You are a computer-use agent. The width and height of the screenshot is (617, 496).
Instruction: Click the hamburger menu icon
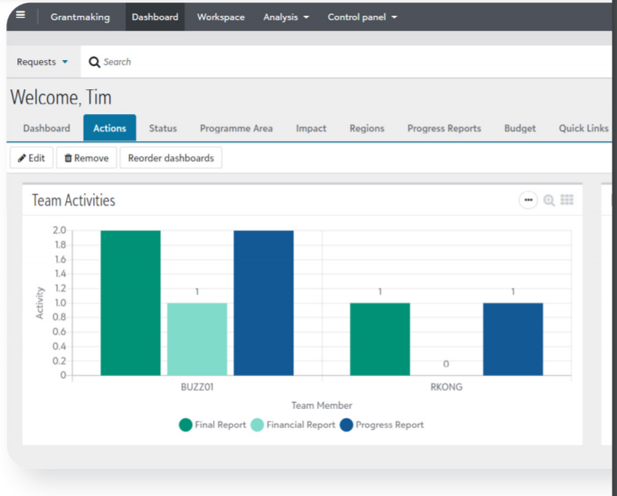(20, 16)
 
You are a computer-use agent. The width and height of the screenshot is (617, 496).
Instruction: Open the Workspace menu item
(221, 17)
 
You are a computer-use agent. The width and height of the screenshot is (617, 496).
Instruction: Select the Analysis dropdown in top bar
(286, 17)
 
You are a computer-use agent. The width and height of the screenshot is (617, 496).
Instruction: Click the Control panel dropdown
(363, 17)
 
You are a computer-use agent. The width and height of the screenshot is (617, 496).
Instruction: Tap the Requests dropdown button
(42, 62)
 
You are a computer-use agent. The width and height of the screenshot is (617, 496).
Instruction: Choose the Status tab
(163, 128)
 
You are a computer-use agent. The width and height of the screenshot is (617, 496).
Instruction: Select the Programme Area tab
(236, 128)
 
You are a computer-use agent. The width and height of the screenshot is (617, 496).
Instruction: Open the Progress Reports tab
(444, 128)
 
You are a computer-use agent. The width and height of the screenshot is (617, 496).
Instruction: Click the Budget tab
(519, 128)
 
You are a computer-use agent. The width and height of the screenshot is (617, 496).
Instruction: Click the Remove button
(86, 158)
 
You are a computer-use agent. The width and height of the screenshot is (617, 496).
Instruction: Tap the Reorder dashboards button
(170, 158)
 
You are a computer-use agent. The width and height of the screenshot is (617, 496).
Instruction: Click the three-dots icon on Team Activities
(528, 200)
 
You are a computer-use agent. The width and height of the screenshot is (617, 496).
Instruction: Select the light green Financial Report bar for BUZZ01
(197, 339)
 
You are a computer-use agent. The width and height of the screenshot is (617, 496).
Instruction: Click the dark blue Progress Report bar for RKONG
(513, 339)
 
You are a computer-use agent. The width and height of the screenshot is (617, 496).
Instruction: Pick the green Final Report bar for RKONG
(380, 339)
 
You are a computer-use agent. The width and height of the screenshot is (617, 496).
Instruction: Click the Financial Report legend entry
(293, 425)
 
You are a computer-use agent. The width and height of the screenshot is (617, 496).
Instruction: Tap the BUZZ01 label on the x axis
(197, 387)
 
